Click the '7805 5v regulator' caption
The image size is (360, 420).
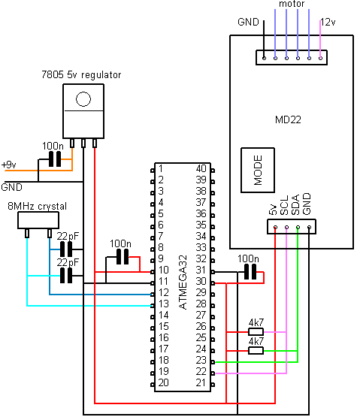(81, 75)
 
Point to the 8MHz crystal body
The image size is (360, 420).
(38, 220)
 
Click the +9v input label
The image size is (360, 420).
(9, 164)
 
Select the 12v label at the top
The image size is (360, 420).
(328, 21)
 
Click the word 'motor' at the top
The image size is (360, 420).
(291, 5)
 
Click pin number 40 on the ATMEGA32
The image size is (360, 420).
(201, 169)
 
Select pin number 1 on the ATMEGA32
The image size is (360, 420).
(161, 169)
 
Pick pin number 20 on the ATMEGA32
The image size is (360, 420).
(163, 383)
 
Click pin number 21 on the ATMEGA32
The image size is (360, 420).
(201, 383)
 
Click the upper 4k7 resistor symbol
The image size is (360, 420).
(256, 331)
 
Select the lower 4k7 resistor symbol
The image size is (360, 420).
(256, 349)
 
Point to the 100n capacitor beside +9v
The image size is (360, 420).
(53, 159)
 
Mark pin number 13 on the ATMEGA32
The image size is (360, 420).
(163, 304)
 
